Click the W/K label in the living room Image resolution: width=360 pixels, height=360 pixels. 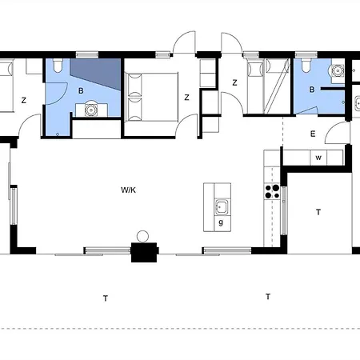(x=128, y=190)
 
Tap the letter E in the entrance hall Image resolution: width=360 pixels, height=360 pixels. (x=313, y=134)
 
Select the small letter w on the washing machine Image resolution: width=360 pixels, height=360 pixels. (x=318, y=158)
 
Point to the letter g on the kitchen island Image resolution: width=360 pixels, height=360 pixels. (x=221, y=222)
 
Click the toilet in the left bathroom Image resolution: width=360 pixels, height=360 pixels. (x=58, y=65)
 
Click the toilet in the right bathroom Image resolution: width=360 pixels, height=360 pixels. (x=306, y=65)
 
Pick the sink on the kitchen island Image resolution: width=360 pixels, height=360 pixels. (x=222, y=207)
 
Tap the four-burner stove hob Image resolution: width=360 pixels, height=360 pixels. (x=272, y=192)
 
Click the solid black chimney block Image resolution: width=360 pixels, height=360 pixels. (x=144, y=252)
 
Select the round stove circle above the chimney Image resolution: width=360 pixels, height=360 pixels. (x=142, y=237)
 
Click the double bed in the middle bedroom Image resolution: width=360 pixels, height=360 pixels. (x=152, y=97)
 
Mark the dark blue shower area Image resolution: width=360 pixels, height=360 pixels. (x=95, y=74)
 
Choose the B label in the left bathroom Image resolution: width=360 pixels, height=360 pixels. (x=81, y=91)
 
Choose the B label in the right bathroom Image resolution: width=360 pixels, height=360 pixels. (x=312, y=90)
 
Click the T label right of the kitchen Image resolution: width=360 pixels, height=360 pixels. (x=318, y=212)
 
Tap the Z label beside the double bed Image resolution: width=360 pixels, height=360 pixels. (x=186, y=98)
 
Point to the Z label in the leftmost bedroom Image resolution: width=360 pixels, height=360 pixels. (x=24, y=101)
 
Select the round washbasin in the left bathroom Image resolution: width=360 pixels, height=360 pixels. (x=91, y=110)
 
